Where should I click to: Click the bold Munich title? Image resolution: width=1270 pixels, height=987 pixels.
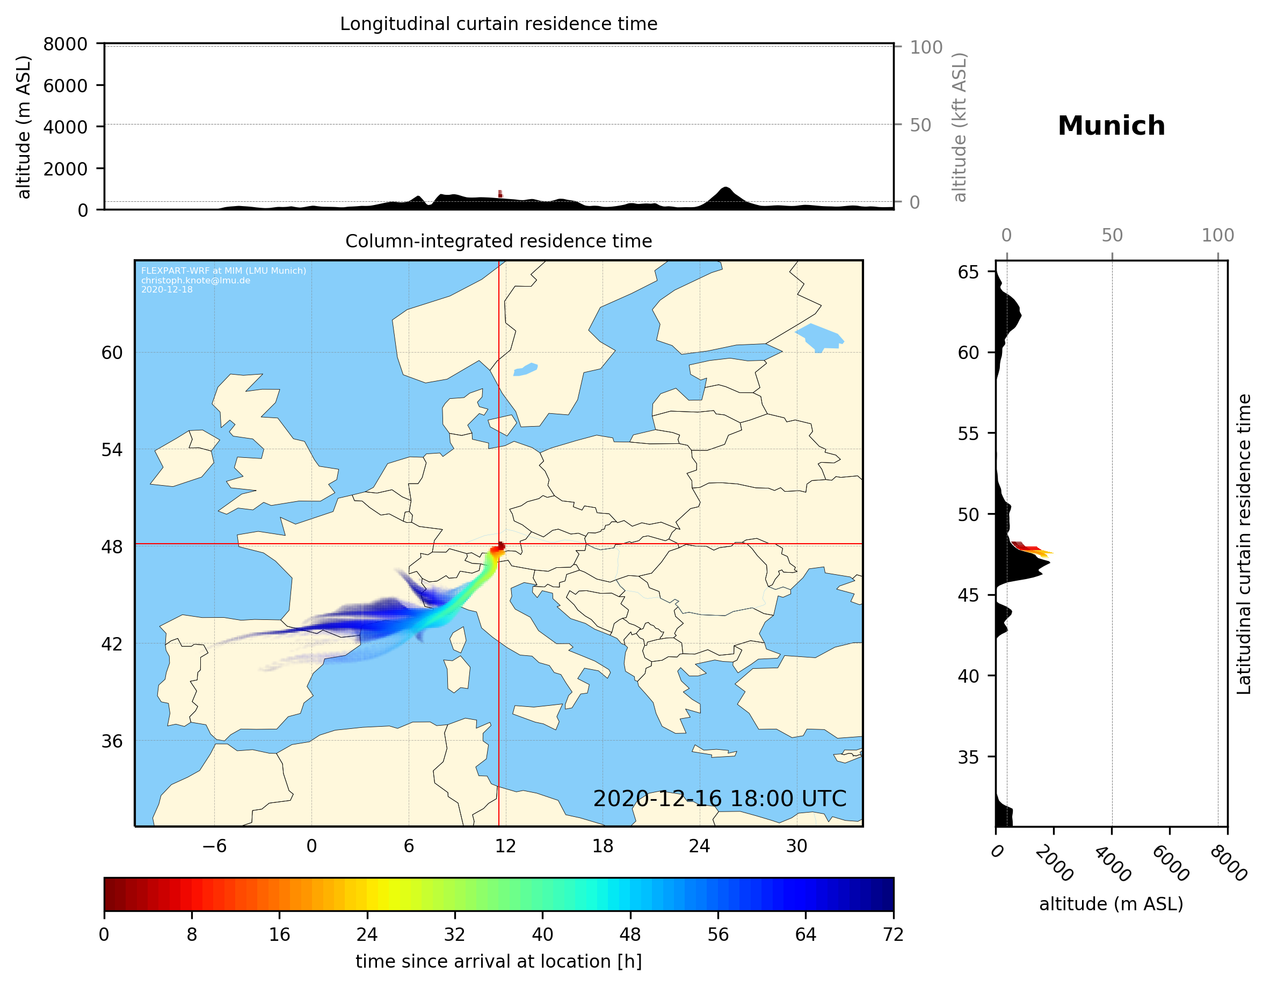pos(1111,126)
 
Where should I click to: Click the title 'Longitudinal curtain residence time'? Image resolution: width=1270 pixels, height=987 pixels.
pos(498,24)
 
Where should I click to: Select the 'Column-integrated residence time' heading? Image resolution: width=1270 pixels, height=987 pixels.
pos(498,241)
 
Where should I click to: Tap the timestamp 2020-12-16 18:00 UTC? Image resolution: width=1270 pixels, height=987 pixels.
pos(720,799)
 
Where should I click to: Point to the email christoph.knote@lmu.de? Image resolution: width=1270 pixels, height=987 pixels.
pos(195,280)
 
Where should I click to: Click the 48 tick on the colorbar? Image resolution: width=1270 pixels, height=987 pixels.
pos(630,934)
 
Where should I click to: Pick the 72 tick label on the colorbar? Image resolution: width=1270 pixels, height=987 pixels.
pos(892,934)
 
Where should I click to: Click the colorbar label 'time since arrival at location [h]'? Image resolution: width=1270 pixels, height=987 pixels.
pos(498,961)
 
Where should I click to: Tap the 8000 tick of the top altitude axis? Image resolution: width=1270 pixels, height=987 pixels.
pos(65,44)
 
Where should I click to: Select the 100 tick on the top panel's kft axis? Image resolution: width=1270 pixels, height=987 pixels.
pos(926,47)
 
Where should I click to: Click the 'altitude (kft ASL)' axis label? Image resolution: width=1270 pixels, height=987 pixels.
pos(960,127)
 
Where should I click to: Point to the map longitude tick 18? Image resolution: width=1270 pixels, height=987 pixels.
pos(603,846)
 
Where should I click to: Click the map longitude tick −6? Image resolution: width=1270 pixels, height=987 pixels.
pos(214,846)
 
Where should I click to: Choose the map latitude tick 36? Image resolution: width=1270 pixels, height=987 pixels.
pos(112,741)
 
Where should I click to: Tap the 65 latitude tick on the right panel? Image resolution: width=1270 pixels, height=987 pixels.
pos(968,272)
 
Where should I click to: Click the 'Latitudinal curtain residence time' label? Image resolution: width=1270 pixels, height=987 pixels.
pos(1243,544)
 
